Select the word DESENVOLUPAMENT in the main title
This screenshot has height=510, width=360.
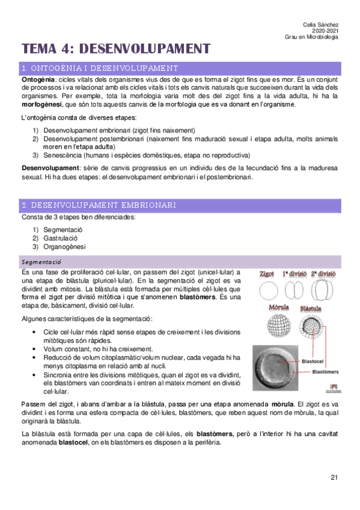pos(145,48)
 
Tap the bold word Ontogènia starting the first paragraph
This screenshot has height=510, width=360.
pos(38,79)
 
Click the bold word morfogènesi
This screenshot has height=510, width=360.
pos(41,105)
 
